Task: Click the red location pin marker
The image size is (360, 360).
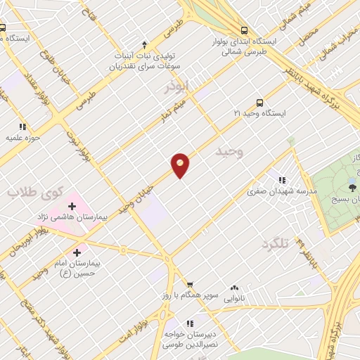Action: pos(180,165)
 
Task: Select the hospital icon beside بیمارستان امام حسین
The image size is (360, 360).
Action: pos(77,251)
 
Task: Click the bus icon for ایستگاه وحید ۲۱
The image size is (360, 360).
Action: pos(260,101)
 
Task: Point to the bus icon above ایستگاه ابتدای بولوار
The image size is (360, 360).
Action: pos(244,30)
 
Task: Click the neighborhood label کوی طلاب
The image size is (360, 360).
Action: pos(35,191)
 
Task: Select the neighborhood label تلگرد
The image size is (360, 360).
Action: pos(275,244)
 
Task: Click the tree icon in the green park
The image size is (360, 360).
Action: pos(352,188)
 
